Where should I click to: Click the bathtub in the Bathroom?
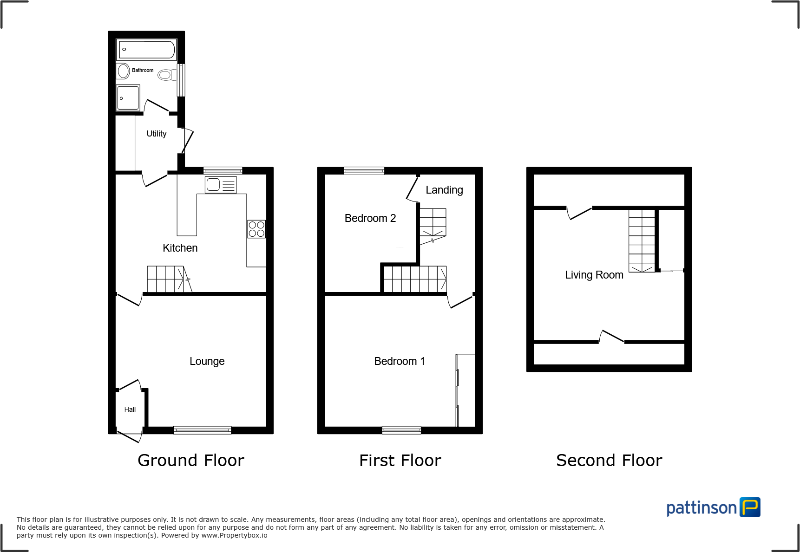[147, 50]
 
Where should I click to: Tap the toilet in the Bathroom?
[166, 75]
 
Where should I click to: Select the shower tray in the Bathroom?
[128, 98]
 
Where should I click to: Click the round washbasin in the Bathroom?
[123, 71]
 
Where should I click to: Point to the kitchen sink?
[221, 185]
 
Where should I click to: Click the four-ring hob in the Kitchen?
[256, 229]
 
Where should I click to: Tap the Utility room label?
[157, 134]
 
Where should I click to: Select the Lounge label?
[207, 361]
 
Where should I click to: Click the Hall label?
[130, 409]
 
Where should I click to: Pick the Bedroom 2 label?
[370, 218]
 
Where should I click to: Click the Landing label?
[444, 190]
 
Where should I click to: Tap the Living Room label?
[594, 275]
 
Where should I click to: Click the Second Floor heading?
[609, 461]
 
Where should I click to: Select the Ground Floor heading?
[190, 461]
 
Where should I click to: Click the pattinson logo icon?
[750, 507]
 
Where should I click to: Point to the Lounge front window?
[202, 430]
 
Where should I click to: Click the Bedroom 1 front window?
[401, 430]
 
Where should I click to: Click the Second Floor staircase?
[642, 240]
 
